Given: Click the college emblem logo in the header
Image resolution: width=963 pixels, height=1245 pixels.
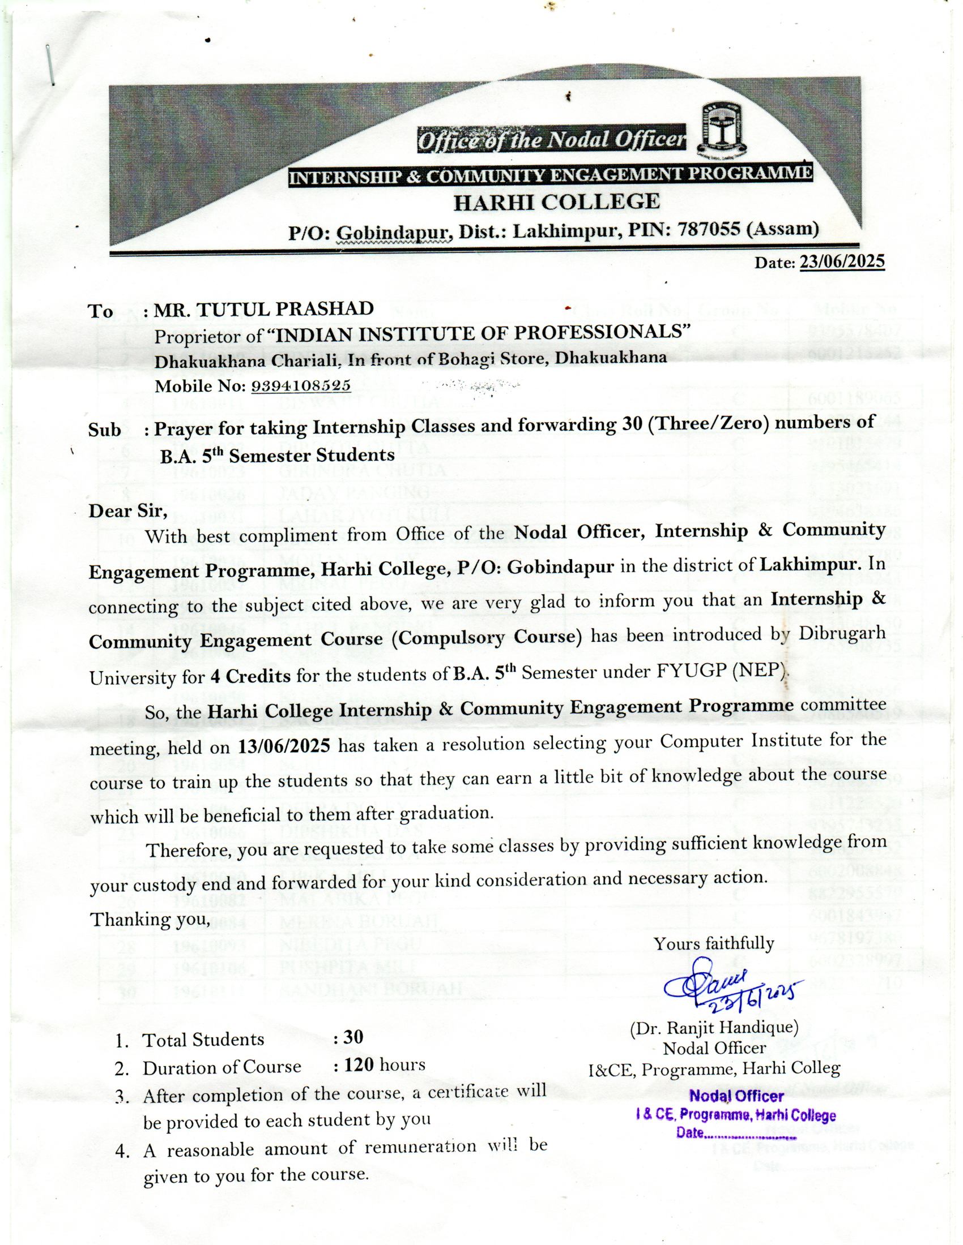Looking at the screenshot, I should (723, 130).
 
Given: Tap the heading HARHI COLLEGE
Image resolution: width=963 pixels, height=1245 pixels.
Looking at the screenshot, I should (556, 202).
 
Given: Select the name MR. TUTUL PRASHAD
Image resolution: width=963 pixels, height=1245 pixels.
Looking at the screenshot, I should (263, 309).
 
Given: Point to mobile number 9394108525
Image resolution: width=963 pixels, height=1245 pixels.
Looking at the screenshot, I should (301, 386).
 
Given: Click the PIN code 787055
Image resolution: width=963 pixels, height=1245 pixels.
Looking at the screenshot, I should (710, 229).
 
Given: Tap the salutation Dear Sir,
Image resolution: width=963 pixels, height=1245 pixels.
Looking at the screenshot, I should (128, 511).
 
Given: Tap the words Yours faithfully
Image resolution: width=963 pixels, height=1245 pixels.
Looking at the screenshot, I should (714, 943).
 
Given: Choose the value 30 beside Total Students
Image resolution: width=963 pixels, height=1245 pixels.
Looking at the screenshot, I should (353, 1037).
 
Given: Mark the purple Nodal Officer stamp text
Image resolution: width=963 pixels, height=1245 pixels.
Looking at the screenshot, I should (736, 1096).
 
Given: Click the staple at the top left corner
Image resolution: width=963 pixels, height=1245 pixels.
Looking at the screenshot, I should (51, 65).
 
